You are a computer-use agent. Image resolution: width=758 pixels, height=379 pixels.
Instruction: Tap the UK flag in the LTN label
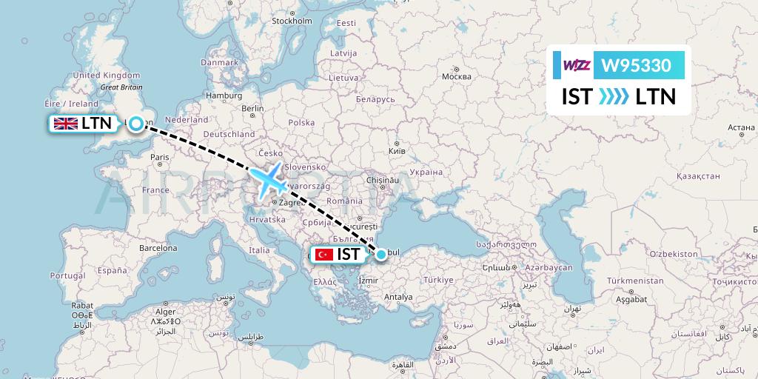(65, 124)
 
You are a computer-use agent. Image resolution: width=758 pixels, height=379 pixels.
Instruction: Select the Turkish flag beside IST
(323, 255)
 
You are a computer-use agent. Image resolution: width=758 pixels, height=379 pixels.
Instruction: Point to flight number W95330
(637, 66)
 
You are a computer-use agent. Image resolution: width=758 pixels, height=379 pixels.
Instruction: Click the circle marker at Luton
(136, 124)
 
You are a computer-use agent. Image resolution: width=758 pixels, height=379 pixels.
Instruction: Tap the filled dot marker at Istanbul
(380, 255)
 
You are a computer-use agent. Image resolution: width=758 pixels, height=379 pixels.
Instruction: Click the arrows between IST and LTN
(613, 97)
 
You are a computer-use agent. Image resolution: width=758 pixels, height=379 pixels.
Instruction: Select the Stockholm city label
(292, 21)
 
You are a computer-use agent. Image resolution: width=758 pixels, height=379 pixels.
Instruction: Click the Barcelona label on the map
(158, 249)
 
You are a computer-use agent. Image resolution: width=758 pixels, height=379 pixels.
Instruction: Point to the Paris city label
(160, 157)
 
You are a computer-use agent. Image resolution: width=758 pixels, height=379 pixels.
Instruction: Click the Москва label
(456, 76)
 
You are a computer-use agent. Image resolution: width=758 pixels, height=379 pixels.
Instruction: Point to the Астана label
(741, 127)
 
